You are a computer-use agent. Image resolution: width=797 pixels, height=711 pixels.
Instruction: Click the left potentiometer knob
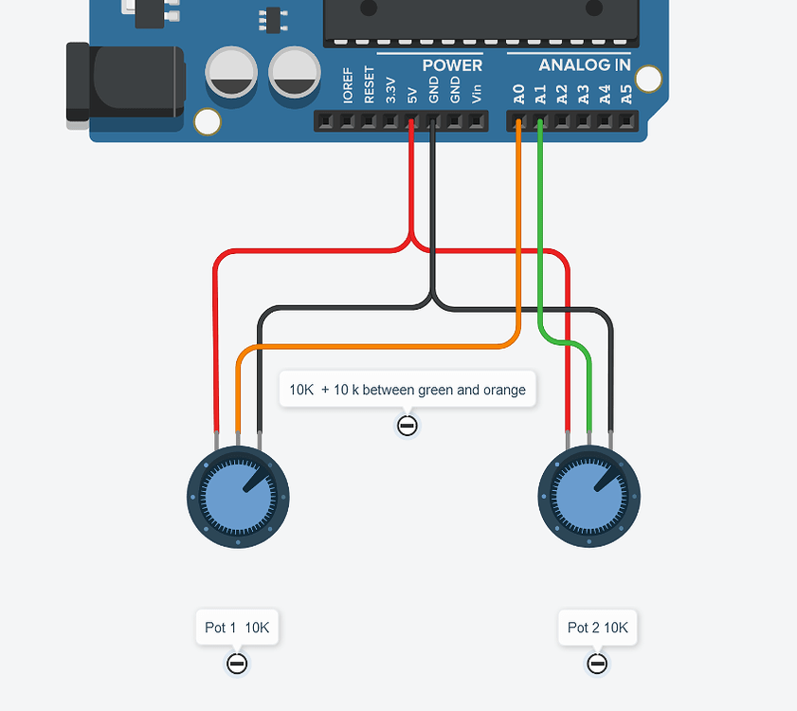[x=238, y=496]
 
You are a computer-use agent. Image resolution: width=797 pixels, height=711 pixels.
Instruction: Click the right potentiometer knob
[x=589, y=496]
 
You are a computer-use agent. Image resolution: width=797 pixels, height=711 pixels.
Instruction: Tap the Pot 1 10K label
[x=237, y=628]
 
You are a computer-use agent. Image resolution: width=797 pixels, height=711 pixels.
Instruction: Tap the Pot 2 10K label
[x=598, y=628]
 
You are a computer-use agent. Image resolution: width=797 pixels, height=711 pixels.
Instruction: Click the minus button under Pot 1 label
[x=237, y=664]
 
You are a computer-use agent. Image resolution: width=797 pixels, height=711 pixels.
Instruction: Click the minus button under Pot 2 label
[x=597, y=664]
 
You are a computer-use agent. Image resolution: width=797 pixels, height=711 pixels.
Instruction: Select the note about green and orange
[x=408, y=390]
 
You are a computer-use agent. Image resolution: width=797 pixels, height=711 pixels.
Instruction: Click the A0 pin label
[x=518, y=94]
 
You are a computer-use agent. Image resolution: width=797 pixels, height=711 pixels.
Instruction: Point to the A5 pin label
[x=625, y=94]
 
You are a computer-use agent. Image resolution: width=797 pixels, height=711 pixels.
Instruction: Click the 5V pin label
[x=411, y=95]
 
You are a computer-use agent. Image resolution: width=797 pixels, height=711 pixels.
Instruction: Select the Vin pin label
[x=476, y=94]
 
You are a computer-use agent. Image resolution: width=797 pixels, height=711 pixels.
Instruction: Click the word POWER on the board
[x=452, y=65]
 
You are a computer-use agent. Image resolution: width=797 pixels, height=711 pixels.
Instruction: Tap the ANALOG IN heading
[x=584, y=65]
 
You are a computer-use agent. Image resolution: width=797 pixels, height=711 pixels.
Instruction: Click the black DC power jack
[x=123, y=82]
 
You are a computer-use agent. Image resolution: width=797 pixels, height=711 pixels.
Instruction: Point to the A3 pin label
[x=583, y=94]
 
